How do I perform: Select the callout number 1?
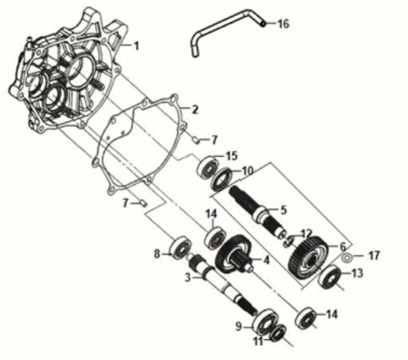pyautogui.click(x=136, y=46)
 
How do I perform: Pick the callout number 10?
pyautogui.click(x=247, y=170)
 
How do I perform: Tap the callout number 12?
pyautogui.click(x=307, y=233)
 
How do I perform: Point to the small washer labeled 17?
pyautogui.click(x=348, y=257)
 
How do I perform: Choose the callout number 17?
pyautogui.click(x=374, y=256)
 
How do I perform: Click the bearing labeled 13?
pyautogui.click(x=328, y=280)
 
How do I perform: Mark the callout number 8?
pyautogui.click(x=157, y=254)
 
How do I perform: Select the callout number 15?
pyautogui.click(x=231, y=155)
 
